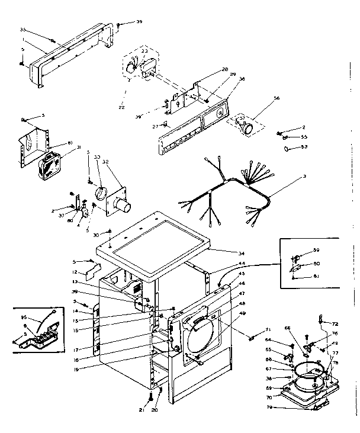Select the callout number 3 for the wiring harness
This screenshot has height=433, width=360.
(x=304, y=177)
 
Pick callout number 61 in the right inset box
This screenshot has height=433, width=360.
(x=316, y=276)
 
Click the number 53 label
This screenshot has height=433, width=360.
(x=304, y=146)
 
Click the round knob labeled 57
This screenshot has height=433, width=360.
(x=248, y=127)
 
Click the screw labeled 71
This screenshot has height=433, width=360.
(x=250, y=338)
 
